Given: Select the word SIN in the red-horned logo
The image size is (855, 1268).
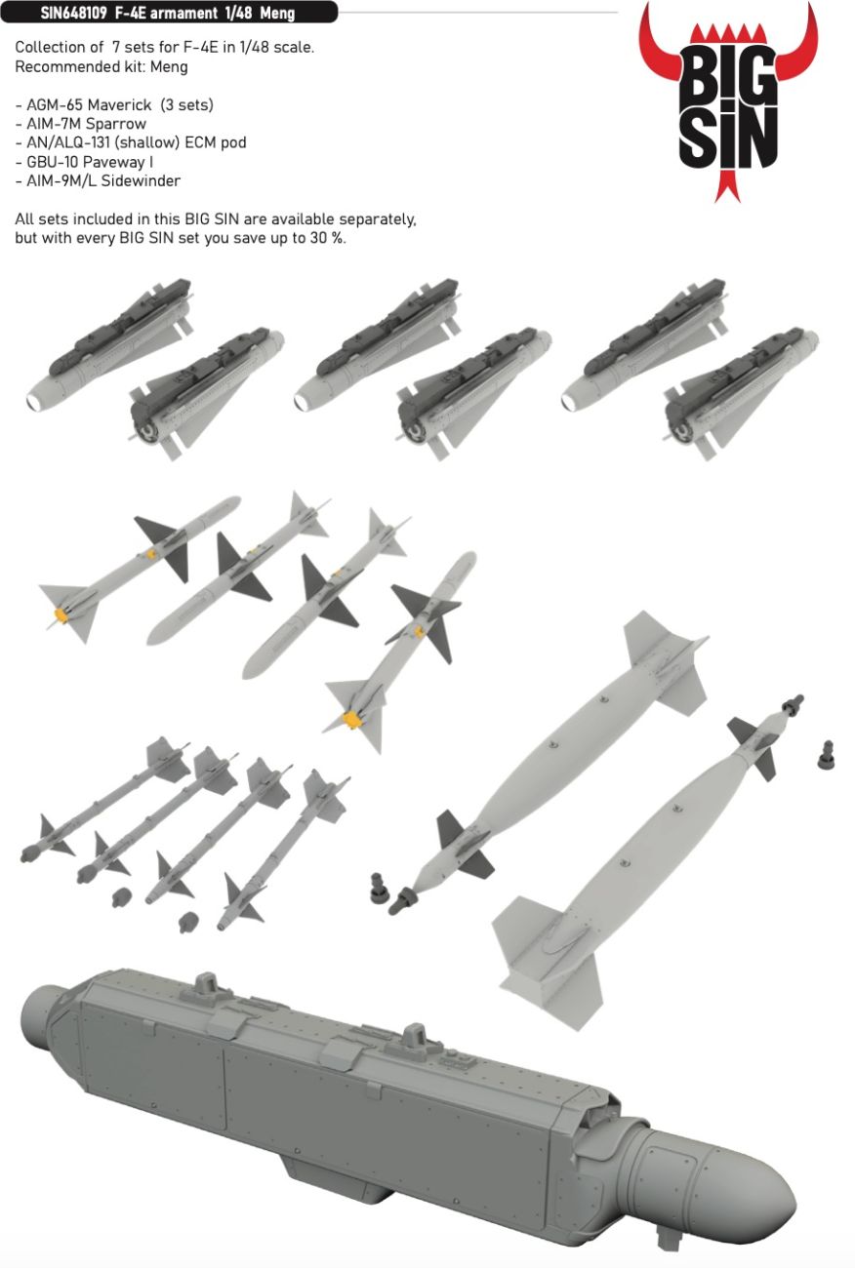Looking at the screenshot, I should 728,139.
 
